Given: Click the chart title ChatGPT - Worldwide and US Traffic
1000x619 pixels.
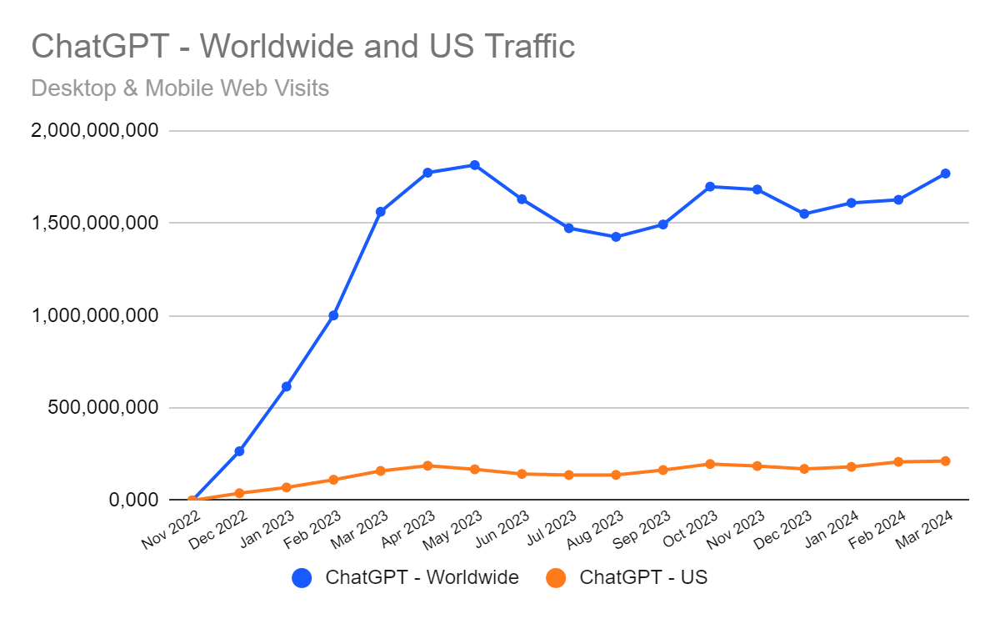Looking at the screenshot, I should (x=302, y=46).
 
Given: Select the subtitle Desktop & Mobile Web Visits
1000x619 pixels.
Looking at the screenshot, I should (x=180, y=88).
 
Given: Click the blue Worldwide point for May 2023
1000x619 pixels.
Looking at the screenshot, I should (x=475, y=165).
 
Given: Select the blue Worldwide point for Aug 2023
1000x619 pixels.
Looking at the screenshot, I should (x=616, y=237).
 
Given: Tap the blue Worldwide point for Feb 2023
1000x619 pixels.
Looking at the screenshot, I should (x=333, y=315).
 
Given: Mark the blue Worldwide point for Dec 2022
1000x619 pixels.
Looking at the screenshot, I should (x=239, y=451).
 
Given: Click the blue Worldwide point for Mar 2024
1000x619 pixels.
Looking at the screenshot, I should (x=946, y=174).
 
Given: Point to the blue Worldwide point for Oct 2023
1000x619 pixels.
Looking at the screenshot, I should (x=710, y=186).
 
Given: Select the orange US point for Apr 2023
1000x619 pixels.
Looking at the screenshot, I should (x=427, y=466).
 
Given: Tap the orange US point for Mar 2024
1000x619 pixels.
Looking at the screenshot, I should (x=946, y=460).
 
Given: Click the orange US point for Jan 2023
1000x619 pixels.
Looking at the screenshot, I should (x=287, y=487).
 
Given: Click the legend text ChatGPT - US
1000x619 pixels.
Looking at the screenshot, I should (x=642, y=577).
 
